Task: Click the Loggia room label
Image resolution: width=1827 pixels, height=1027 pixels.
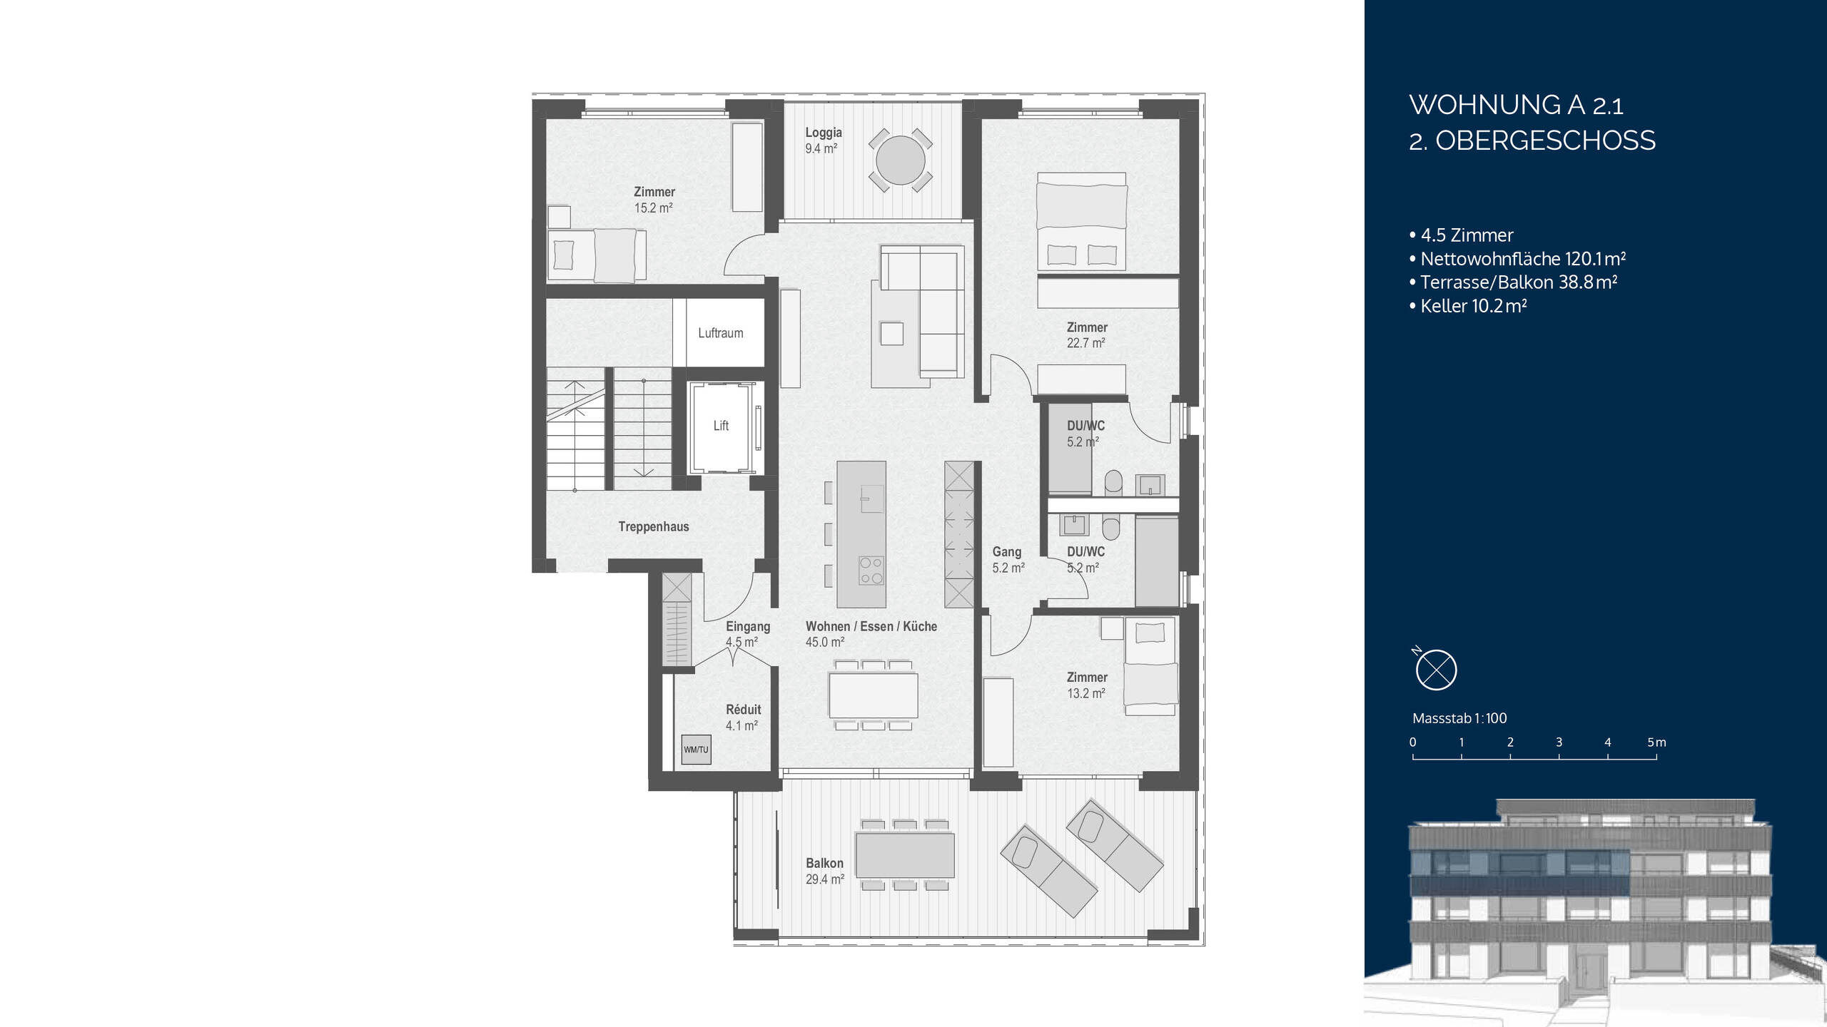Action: click(823, 133)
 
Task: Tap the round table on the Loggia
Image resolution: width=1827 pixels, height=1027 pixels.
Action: click(900, 160)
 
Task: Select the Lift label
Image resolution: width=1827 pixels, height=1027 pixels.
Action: click(721, 426)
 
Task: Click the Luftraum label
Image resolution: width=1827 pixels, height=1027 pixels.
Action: click(720, 333)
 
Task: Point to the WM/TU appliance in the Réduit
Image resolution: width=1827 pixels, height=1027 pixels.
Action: click(696, 750)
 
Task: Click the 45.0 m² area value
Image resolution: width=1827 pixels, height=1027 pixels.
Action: click(824, 643)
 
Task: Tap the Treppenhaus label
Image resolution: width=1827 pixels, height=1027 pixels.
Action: click(653, 527)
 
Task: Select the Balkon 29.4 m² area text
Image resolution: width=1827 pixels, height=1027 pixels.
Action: click(824, 879)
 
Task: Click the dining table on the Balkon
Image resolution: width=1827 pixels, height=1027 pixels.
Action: click(904, 855)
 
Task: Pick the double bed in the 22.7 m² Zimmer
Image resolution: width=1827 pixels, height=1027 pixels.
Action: click(1080, 221)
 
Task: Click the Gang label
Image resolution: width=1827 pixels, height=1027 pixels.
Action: click(1006, 552)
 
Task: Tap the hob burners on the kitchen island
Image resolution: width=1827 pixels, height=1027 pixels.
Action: click(871, 571)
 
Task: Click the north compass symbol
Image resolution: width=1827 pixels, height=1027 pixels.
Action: click(1435, 670)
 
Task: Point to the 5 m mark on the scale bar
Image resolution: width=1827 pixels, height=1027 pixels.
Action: click(1656, 743)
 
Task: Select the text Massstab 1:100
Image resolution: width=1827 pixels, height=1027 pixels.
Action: click(1459, 718)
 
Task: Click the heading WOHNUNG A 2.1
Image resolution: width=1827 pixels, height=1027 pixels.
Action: click(1516, 106)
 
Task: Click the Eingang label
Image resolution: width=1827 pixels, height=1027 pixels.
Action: click(747, 627)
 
